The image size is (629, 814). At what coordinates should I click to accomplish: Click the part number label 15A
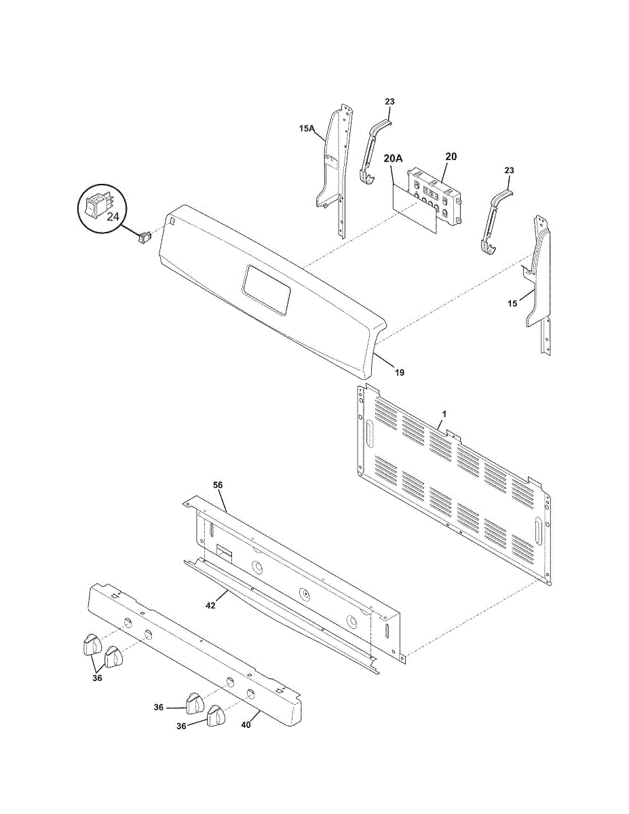pos(307,129)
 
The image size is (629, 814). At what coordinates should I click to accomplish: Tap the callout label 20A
pos(393,159)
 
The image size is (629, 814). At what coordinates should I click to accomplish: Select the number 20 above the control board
pos(451,156)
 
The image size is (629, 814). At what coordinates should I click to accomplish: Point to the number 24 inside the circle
pos(113,216)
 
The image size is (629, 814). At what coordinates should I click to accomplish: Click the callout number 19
pos(400,372)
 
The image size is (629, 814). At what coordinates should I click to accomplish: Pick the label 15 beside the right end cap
pos(512,303)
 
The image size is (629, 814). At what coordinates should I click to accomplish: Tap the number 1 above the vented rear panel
pos(444,414)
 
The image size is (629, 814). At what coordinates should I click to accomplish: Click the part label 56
pos(218,485)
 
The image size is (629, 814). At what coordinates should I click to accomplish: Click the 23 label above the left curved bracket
pos(389,102)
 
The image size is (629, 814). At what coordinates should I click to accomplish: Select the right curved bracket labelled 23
pos(497,222)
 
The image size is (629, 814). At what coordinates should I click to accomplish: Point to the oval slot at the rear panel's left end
pos(370,433)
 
